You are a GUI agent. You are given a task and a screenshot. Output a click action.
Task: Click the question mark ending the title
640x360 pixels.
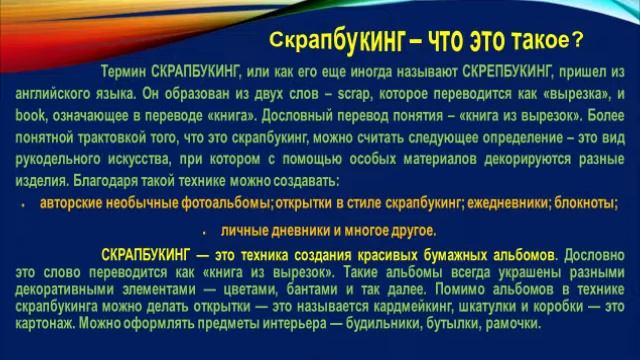[x=577, y=41]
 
